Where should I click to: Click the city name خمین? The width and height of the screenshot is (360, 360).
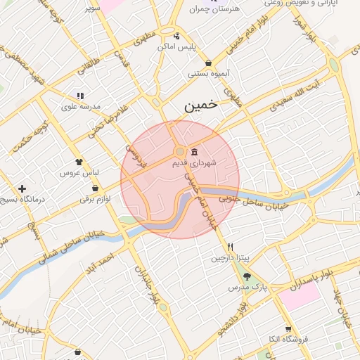click(200, 107)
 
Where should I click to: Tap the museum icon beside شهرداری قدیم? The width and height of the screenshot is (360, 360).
click(194, 152)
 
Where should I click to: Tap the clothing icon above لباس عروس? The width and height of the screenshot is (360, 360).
click(79, 162)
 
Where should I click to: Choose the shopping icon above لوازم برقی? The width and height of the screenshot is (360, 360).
click(95, 188)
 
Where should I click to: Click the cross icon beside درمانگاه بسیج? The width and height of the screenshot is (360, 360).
click(23, 189)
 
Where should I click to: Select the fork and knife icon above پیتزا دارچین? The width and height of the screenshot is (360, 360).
click(230, 247)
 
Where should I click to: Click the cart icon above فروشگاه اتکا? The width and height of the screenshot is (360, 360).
click(288, 329)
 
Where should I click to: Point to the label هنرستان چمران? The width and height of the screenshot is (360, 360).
click(215, 10)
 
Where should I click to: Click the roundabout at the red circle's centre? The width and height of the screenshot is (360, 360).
click(180, 151)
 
